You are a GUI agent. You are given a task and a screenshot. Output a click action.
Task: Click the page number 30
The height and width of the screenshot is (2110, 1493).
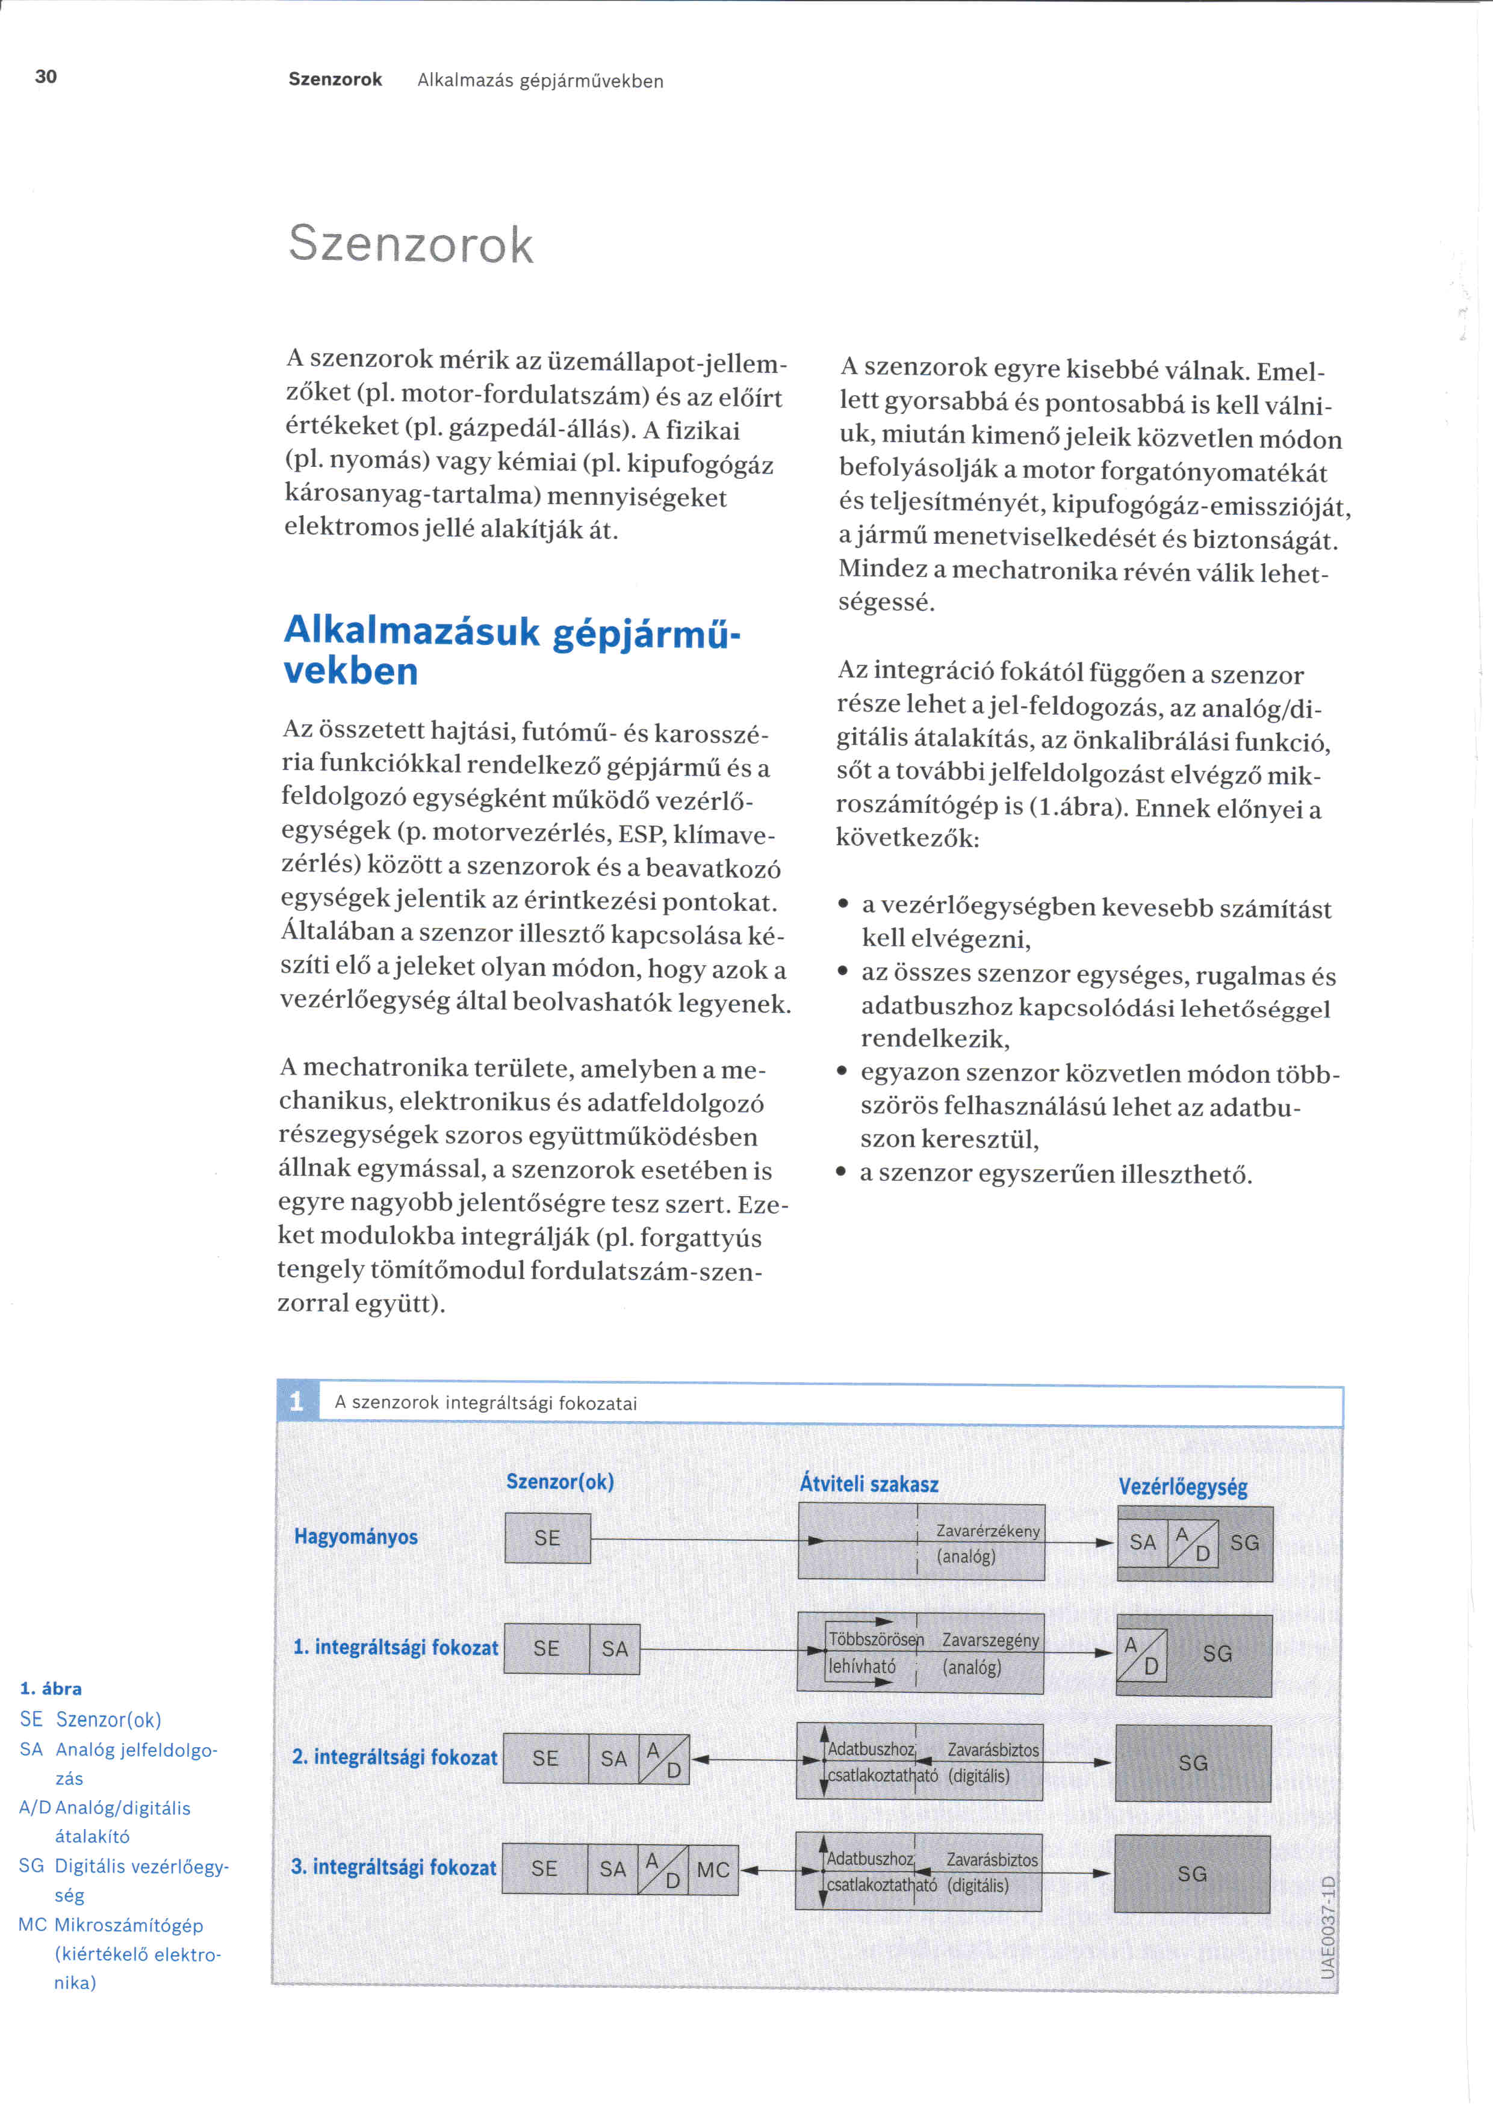tap(46, 76)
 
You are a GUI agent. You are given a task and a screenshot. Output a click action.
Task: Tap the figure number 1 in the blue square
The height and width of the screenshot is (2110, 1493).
tap(296, 1401)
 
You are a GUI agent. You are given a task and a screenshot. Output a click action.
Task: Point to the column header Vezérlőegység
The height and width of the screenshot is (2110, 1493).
tap(1182, 1486)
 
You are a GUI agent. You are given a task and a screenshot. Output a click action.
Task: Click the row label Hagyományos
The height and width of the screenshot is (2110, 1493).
tap(356, 1537)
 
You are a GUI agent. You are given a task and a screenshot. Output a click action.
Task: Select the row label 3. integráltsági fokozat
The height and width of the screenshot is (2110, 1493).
tap(394, 1866)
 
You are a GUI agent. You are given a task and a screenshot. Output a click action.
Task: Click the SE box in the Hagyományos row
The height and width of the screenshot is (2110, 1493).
tap(547, 1537)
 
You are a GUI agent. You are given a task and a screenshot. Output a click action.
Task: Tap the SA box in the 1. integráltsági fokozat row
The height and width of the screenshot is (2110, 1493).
tap(614, 1649)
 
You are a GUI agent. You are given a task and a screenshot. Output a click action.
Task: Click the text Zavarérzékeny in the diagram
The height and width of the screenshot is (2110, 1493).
tap(987, 1531)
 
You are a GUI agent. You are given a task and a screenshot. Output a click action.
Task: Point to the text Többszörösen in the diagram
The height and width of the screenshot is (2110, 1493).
tap(875, 1640)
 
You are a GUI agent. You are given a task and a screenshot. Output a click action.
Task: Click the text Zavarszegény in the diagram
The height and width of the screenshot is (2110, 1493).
tap(990, 1640)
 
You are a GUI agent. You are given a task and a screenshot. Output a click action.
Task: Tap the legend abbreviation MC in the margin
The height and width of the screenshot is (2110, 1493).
tap(32, 1924)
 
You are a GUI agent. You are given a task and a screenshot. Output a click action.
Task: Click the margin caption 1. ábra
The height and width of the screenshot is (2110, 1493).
tap(51, 1688)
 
